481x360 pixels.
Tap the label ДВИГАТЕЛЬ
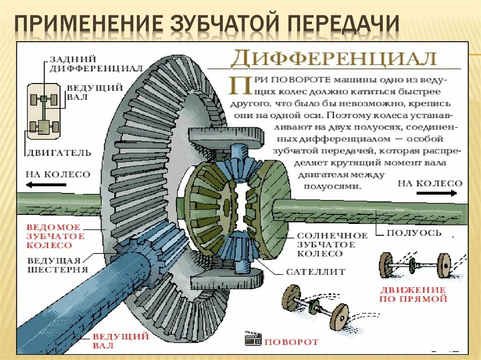(x=58, y=153)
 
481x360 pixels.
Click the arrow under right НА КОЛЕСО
(x=436, y=193)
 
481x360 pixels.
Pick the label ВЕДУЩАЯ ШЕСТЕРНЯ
(x=57, y=265)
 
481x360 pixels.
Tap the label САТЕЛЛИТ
(x=315, y=272)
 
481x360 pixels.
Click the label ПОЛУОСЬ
(x=414, y=233)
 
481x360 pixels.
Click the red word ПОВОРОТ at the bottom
(x=291, y=342)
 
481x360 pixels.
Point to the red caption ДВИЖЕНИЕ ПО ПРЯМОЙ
(x=414, y=294)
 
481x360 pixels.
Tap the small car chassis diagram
(x=43, y=111)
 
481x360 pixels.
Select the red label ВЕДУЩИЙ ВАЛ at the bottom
(x=121, y=341)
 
